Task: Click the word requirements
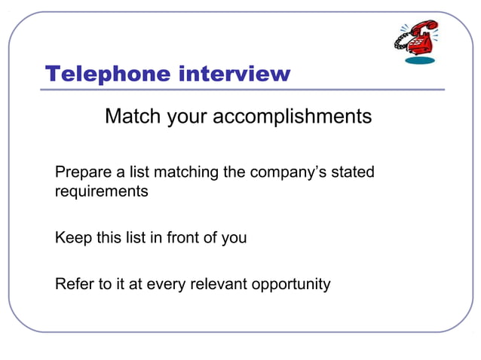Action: (101, 191)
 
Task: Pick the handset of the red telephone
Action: (423, 29)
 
